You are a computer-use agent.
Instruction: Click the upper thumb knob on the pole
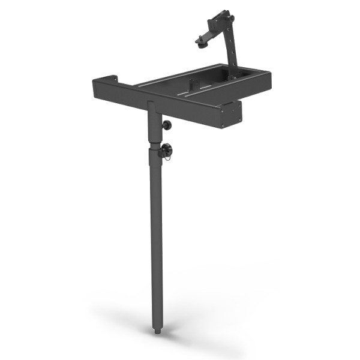click(166, 125)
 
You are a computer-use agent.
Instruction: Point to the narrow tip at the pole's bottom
click(157, 330)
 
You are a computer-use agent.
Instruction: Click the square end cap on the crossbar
click(230, 114)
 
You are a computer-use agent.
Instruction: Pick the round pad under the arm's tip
click(199, 41)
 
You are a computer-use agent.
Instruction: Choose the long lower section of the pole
click(156, 240)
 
